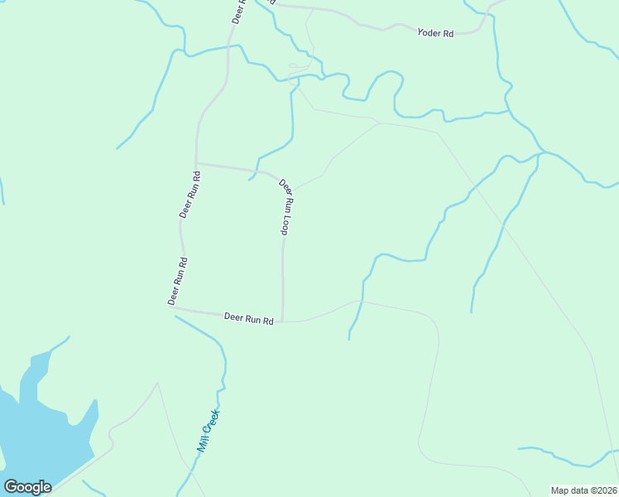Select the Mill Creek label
tap(207, 432)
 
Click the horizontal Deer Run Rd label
tap(248, 318)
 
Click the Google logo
tap(27, 487)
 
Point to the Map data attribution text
tap(584, 490)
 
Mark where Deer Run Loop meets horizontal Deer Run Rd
tap(283, 321)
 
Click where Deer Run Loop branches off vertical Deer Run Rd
tap(196, 163)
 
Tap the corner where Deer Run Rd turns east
tap(174, 309)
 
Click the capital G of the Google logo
tap(12, 487)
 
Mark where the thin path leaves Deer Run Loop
tap(294, 190)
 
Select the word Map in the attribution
tap(560, 490)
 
